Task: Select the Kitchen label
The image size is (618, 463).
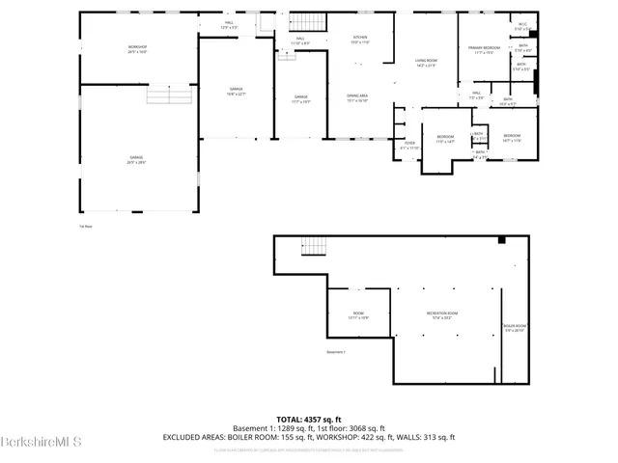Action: pyautogui.click(x=359, y=40)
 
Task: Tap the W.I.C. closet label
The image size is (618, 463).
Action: pyautogui.click(x=521, y=26)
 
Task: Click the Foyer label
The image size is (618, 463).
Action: pyautogui.click(x=409, y=147)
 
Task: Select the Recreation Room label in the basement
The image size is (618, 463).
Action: pyautogui.click(x=442, y=315)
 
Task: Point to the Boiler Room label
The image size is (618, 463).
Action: pyautogui.click(x=514, y=328)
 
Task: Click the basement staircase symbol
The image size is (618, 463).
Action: pyautogui.click(x=311, y=246)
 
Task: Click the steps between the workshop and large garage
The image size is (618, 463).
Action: pyautogui.click(x=163, y=94)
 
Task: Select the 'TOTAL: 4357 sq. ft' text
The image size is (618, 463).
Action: pyautogui.click(x=309, y=419)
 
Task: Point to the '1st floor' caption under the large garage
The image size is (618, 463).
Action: pyautogui.click(x=86, y=227)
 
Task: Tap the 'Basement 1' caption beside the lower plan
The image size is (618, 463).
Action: pyautogui.click(x=335, y=353)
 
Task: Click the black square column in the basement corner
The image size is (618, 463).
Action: pyautogui.click(x=501, y=241)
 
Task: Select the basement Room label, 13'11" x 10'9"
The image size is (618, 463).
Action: pyautogui.click(x=358, y=315)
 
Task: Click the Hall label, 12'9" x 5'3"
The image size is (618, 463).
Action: pyautogui.click(x=230, y=24)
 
